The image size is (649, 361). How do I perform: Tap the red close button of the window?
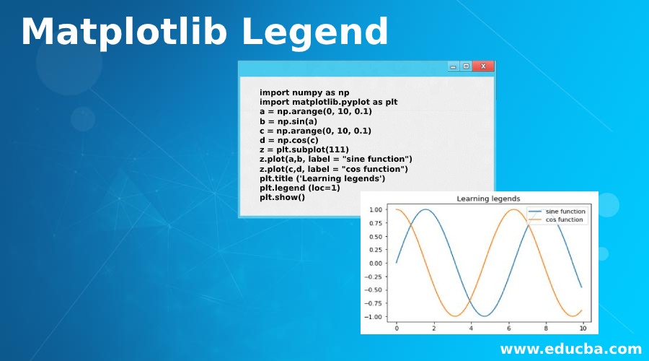click(483, 66)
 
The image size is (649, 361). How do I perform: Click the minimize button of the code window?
click(454, 66)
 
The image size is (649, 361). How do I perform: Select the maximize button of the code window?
click(467, 66)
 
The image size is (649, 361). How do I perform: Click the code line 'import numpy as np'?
click(304, 92)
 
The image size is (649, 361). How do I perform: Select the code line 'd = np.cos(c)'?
click(289, 140)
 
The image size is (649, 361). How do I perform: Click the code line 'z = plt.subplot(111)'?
click(304, 149)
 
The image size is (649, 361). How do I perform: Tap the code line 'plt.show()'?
click(282, 196)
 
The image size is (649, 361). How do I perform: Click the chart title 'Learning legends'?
click(488, 199)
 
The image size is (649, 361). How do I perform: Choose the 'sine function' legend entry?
click(565, 212)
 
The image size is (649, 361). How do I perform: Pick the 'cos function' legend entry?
click(564, 219)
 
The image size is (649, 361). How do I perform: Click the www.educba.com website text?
click(571, 349)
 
